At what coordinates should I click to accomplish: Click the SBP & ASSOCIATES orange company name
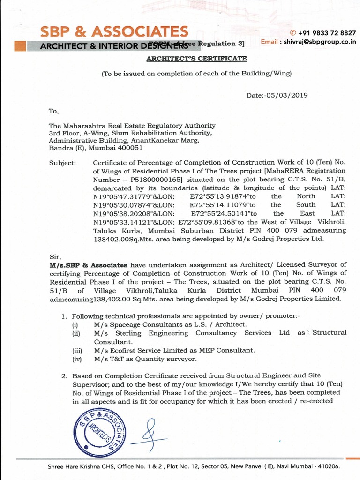tap(114, 31)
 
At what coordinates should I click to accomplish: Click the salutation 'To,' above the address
tap(54, 111)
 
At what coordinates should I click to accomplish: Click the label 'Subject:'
tap(62, 163)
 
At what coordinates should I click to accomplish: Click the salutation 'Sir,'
tap(55, 257)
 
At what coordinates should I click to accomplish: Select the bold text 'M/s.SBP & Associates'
tap(88, 265)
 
